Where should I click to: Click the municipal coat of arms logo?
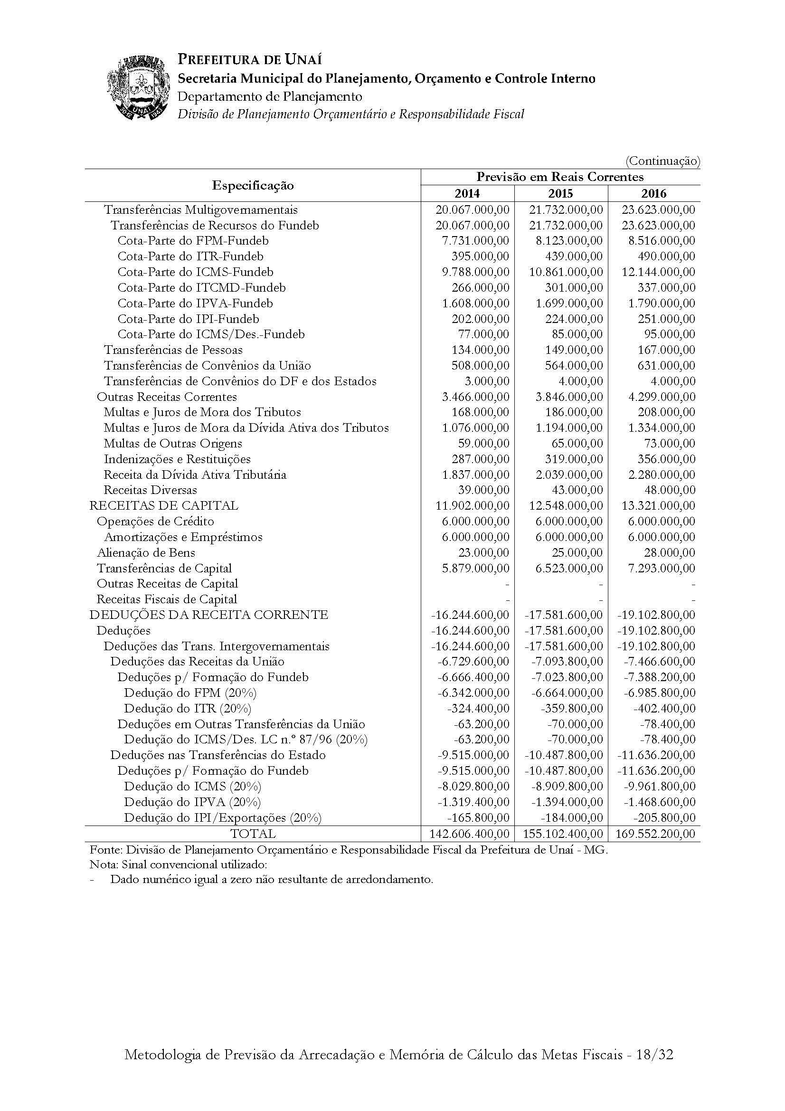138,87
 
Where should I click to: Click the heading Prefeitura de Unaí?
250,59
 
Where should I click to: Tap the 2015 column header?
560,193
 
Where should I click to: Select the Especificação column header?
253,185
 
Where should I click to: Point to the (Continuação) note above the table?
662,161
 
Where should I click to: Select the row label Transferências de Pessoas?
173,350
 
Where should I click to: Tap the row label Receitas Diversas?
150,490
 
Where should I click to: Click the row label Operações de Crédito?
155,522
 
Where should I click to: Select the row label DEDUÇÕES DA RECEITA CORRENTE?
209,615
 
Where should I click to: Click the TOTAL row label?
253,834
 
